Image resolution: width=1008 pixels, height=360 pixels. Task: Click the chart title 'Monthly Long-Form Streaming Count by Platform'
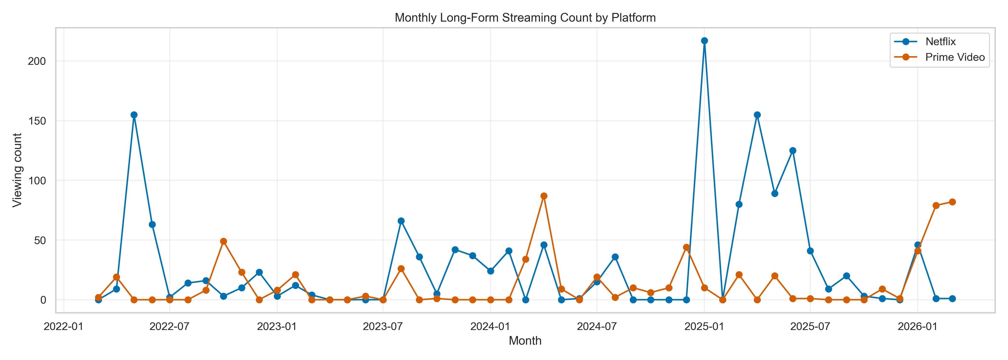coord(525,18)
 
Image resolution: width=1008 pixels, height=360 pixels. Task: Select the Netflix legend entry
coord(940,42)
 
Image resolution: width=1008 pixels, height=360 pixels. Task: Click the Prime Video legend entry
coord(954,57)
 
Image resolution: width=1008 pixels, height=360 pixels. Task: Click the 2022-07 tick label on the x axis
coord(169,326)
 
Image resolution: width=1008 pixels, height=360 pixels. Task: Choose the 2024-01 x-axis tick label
coord(490,326)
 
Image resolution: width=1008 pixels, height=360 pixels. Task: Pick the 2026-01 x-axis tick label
coord(918,326)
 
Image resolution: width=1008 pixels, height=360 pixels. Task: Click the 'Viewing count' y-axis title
coord(17,170)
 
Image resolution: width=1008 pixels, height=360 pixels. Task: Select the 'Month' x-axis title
coord(525,341)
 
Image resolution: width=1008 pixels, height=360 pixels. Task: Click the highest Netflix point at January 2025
coord(704,41)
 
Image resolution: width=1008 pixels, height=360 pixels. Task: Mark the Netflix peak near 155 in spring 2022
coord(134,115)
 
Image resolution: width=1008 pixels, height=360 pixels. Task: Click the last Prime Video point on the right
coord(952,202)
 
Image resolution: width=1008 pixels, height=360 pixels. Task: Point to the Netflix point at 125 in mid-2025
coord(792,151)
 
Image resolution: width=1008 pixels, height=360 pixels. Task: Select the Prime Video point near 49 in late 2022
coord(223,241)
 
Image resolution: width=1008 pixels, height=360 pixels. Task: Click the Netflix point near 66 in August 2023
coord(401,221)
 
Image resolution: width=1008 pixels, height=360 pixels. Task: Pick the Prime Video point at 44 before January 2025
coord(686,247)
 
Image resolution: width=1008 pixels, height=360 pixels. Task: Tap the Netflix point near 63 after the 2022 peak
coord(152,225)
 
